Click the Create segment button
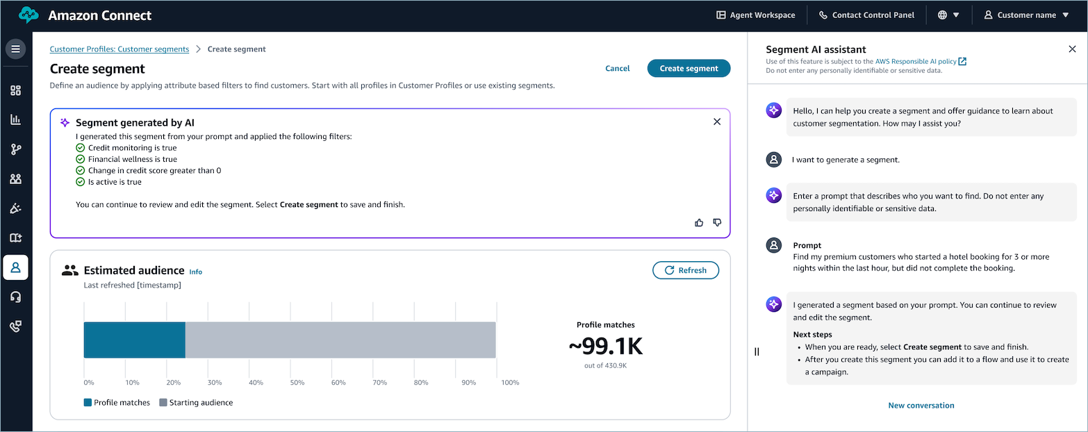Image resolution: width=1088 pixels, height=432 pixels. pyautogui.click(x=689, y=68)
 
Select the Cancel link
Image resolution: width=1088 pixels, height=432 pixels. pyautogui.click(x=617, y=68)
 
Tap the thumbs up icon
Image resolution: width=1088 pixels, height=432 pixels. pyautogui.click(x=699, y=222)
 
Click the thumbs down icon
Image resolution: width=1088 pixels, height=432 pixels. pyautogui.click(x=718, y=222)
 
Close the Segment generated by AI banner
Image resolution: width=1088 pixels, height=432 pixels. pyautogui.click(x=717, y=122)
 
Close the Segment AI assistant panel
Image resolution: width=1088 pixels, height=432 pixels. pyautogui.click(x=1072, y=49)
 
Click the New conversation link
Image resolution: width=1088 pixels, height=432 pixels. pyautogui.click(x=921, y=405)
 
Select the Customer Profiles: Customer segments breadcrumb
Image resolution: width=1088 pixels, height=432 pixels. pyautogui.click(x=119, y=49)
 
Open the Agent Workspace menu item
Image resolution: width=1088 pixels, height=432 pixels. pyautogui.click(x=756, y=15)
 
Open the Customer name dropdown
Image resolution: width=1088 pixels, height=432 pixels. pyautogui.click(x=1026, y=15)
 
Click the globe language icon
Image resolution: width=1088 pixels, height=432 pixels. pyautogui.click(x=948, y=15)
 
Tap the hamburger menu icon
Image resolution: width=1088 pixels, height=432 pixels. pyautogui.click(x=15, y=49)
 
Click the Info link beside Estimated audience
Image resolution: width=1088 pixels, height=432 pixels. pyautogui.click(x=195, y=272)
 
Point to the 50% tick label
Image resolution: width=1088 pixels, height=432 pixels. pyautogui.click(x=297, y=383)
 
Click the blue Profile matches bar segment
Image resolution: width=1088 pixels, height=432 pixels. pyautogui.click(x=134, y=340)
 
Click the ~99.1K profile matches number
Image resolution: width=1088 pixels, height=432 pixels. pyautogui.click(x=605, y=346)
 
